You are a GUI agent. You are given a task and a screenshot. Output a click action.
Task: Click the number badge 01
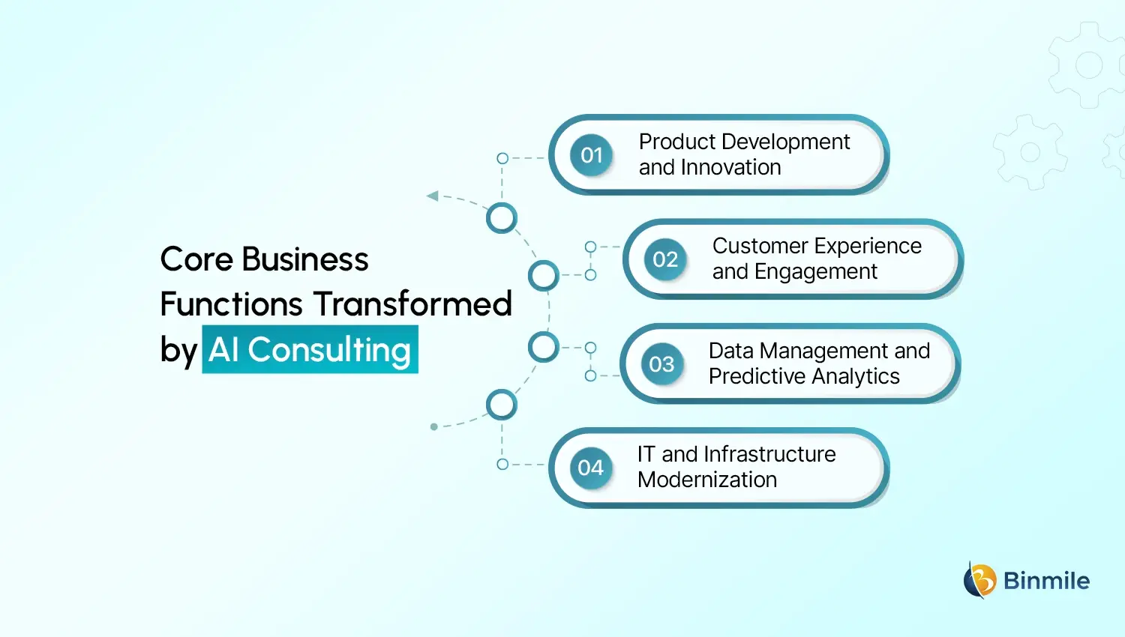pyautogui.click(x=592, y=155)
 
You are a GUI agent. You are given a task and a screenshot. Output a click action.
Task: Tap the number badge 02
pyautogui.click(x=665, y=259)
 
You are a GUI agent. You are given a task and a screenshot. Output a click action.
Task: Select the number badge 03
pyautogui.click(x=661, y=364)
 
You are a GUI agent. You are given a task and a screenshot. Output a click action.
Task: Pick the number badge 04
pyautogui.click(x=591, y=468)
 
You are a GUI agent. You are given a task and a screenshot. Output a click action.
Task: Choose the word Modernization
pyautogui.click(x=707, y=480)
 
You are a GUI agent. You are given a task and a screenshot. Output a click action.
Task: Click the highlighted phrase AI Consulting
pyautogui.click(x=310, y=350)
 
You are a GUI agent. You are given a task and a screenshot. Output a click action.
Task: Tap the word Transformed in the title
pyautogui.click(x=412, y=304)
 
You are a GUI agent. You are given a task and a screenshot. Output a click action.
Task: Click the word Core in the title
pyautogui.click(x=196, y=260)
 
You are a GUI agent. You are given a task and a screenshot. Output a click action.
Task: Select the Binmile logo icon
pyautogui.click(x=979, y=580)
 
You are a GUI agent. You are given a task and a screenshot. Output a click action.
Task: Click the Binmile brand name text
pyautogui.click(x=1046, y=581)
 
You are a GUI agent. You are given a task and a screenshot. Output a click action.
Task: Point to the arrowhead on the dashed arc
pyautogui.click(x=432, y=196)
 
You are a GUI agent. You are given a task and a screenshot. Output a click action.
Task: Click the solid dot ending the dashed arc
pyautogui.click(x=434, y=427)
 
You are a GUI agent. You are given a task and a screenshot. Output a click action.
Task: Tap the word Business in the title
pyautogui.click(x=305, y=260)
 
